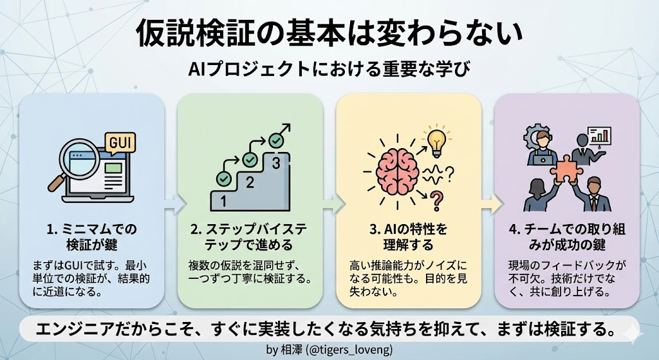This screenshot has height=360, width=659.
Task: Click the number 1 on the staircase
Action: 223,201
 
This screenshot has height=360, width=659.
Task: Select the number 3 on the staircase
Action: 276,163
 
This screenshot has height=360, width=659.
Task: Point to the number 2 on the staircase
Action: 250,182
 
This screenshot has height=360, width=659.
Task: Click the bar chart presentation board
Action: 599,136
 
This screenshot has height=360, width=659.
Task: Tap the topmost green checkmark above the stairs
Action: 277,138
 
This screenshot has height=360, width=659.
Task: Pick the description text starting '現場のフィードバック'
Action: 566,277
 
